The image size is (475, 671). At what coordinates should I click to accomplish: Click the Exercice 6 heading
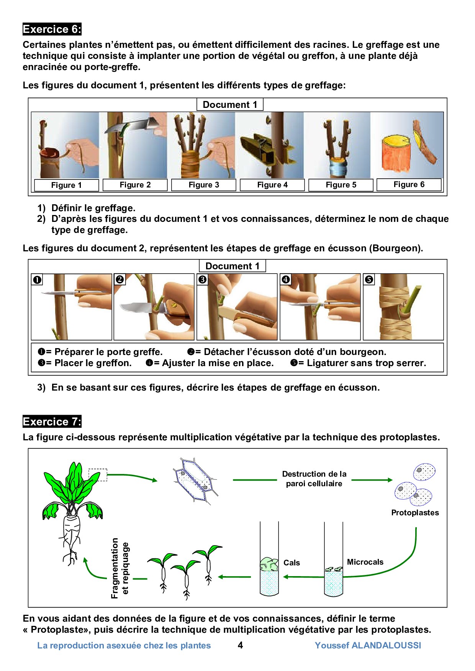pyautogui.click(x=52, y=29)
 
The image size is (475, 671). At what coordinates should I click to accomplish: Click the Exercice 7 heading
pyautogui.click(x=52, y=422)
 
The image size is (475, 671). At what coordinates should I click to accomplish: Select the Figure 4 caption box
pyautogui.click(x=272, y=185)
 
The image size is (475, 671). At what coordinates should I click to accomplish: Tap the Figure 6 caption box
pyautogui.click(x=409, y=184)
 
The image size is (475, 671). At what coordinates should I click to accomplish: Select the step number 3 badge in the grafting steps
pyautogui.click(x=202, y=280)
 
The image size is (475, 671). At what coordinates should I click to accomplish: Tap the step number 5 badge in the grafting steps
pyautogui.click(x=369, y=280)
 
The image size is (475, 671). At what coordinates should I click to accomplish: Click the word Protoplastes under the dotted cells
pyautogui.click(x=415, y=513)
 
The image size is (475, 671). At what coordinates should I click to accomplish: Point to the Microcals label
pyautogui.click(x=365, y=562)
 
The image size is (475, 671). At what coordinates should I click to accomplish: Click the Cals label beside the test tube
pyautogui.click(x=292, y=563)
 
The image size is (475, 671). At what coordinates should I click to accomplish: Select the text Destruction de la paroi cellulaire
pyautogui.click(x=314, y=479)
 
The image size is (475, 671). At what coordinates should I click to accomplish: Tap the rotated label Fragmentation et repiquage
pyautogui.click(x=120, y=568)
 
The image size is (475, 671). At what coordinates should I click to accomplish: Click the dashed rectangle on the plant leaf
pyautogui.click(x=98, y=475)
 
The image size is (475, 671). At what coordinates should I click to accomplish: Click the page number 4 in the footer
pyautogui.click(x=240, y=645)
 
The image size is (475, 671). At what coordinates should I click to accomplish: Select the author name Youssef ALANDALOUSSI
pyautogui.click(x=368, y=645)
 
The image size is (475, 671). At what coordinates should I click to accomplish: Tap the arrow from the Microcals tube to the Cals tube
pyautogui.click(x=304, y=577)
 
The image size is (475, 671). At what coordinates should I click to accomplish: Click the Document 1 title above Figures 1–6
pyautogui.click(x=230, y=104)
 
